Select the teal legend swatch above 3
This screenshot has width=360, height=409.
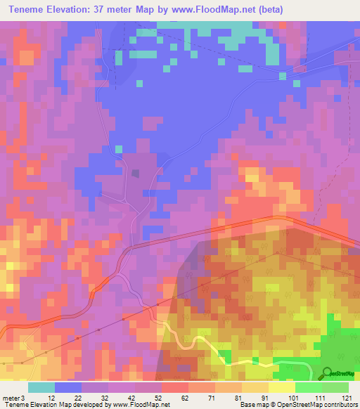(x=41, y=387)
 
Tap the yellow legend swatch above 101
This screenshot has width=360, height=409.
(x=281, y=387)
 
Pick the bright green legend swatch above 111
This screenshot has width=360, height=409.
(x=308, y=387)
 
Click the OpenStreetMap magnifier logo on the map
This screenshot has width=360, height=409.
(x=326, y=372)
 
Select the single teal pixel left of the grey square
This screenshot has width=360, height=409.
(x=119, y=148)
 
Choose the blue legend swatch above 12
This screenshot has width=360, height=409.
(x=68, y=387)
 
